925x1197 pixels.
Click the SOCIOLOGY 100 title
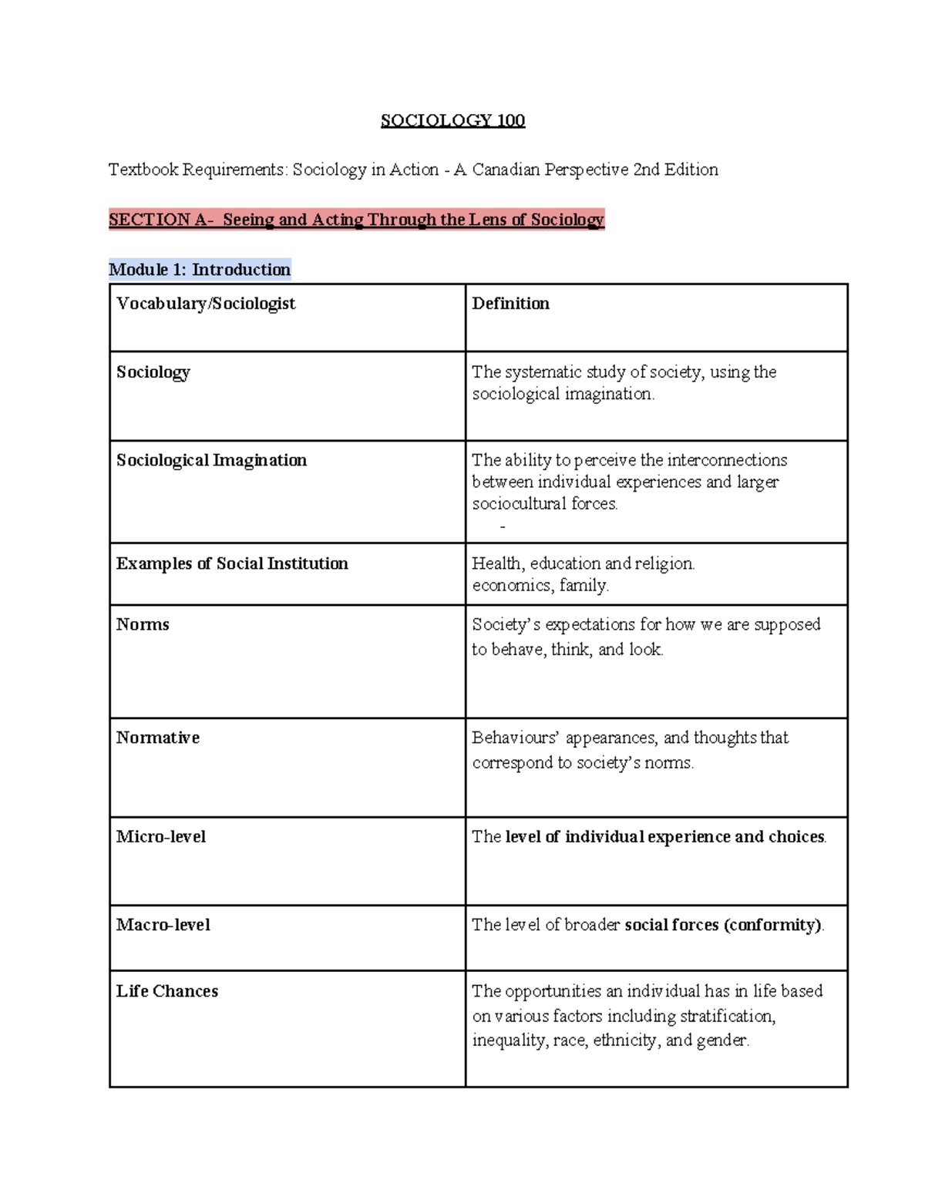pos(452,120)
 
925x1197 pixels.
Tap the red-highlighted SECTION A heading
pos(356,220)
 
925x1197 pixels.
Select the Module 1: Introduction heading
pos(200,270)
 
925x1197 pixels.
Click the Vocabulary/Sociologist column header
pos(206,304)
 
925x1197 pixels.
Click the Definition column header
pos(510,304)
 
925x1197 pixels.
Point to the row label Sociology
pos(153,372)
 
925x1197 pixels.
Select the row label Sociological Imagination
pos(211,460)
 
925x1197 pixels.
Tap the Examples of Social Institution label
pos(232,563)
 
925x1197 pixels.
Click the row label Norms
pos(143,624)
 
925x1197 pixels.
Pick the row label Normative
pos(158,738)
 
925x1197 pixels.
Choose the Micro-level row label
pos(161,837)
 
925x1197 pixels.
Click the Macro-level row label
pos(163,925)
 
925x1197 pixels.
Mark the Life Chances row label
pos(167,991)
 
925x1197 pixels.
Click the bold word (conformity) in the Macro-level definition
pos(773,925)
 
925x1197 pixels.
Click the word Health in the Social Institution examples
pos(497,563)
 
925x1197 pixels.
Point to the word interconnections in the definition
pos(727,460)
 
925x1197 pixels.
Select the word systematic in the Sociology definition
pos(544,372)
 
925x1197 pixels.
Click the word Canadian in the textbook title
pos(506,170)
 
